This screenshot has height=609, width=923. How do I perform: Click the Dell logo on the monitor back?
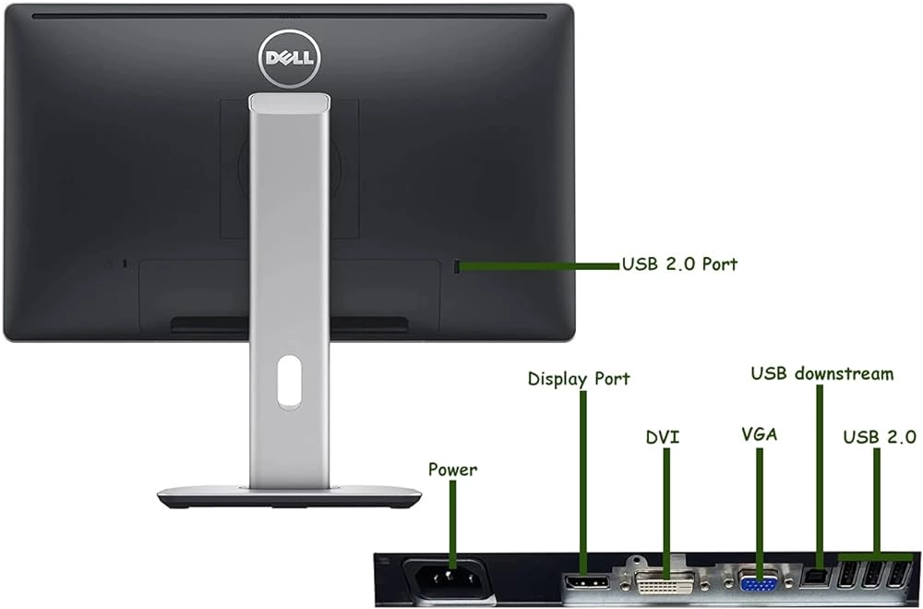(286, 55)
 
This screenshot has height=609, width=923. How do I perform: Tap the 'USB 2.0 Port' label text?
(679, 264)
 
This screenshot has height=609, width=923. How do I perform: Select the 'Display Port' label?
(579, 379)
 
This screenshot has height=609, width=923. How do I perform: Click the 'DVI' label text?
(662, 435)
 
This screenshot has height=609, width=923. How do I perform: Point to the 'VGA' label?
(759, 435)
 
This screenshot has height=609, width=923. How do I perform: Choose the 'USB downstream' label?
(821, 374)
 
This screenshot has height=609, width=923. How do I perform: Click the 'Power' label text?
(452, 469)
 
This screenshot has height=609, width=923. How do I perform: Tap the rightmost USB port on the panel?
(894, 578)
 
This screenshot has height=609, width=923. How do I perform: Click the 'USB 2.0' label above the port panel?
(880, 435)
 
